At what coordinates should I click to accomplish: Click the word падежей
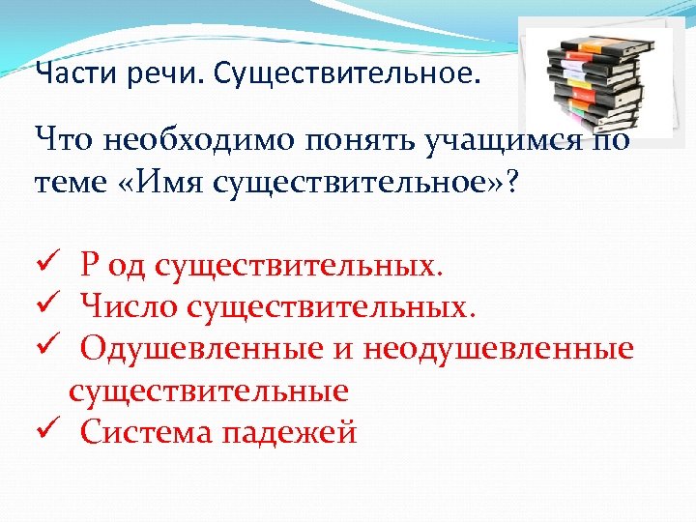289,431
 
